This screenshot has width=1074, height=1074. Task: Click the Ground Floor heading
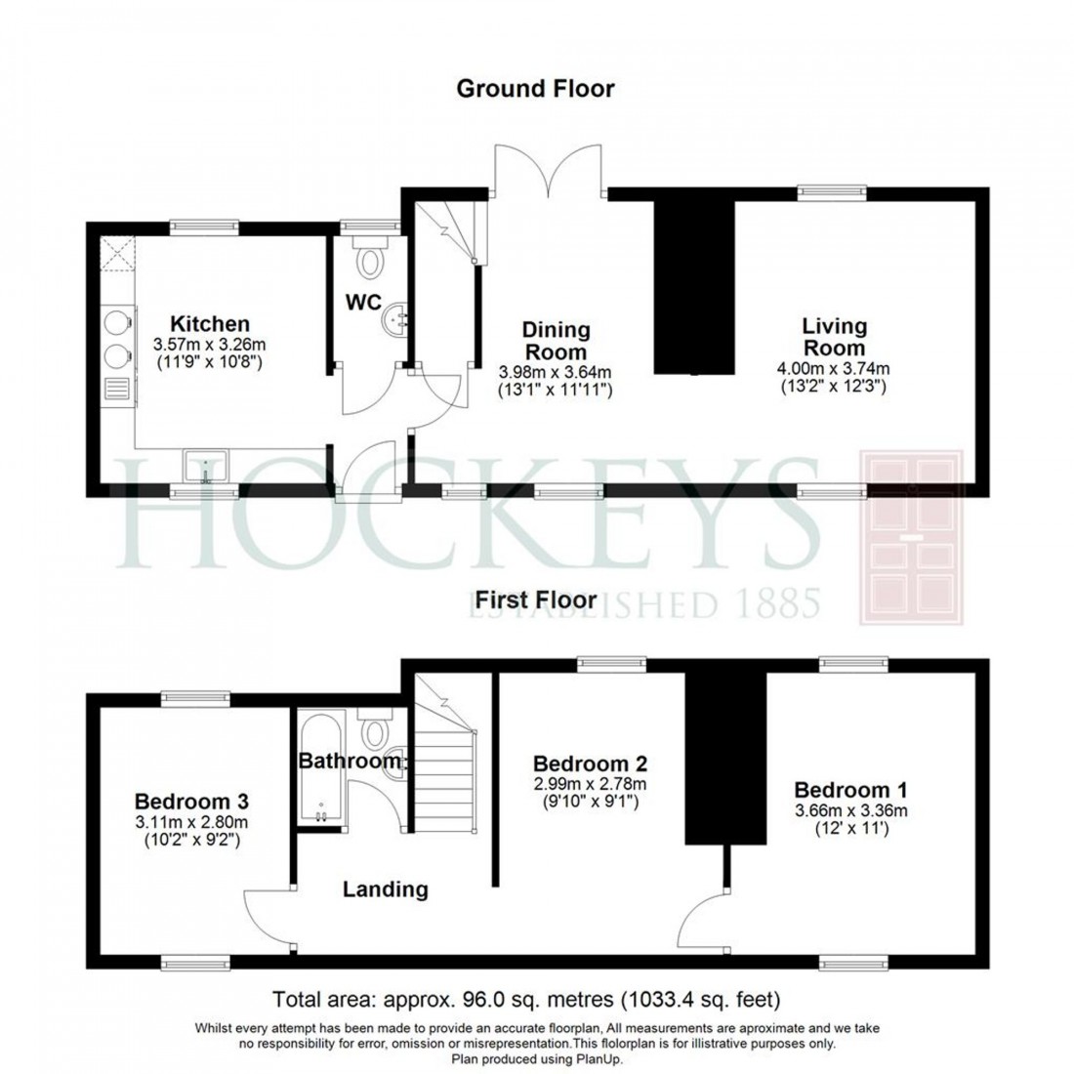[x=536, y=89]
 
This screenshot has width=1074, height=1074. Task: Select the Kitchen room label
[x=210, y=323]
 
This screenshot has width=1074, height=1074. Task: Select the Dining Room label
[x=555, y=340]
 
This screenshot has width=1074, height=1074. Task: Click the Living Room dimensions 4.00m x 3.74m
[x=834, y=368]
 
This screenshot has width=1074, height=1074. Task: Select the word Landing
[x=386, y=889]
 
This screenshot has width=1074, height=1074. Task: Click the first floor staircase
[x=446, y=771]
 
